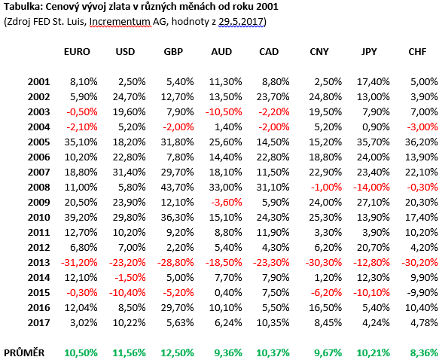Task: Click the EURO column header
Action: [x=77, y=52]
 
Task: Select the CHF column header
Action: [x=417, y=52]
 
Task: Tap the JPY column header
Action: [x=369, y=52]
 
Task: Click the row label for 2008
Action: [x=38, y=188]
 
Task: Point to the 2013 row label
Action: [x=38, y=262]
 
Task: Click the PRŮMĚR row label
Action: [x=24, y=352]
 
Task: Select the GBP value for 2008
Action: [x=177, y=188]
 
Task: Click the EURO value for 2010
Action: [x=81, y=218]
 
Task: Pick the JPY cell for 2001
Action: [x=373, y=82]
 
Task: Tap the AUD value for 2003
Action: [x=224, y=112]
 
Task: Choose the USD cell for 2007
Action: [x=129, y=172]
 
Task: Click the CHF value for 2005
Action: [x=422, y=142]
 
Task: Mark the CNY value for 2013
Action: [x=324, y=262]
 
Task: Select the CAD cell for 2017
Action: [x=273, y=323]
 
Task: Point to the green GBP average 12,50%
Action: [x=177, y=352]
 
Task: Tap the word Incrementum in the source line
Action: [x=120, y=22]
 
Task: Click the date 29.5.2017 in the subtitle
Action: [x=241, y=22]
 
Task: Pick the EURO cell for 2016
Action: [x=81, y=308]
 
